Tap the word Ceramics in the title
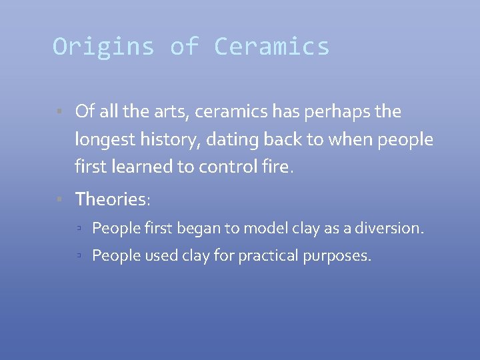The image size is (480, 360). (271, 47)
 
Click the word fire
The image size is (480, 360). (277, 167)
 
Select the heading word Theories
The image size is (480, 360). (111, 199)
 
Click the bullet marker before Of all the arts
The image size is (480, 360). (59, 111)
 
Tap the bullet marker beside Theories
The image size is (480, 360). (59, 199)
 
